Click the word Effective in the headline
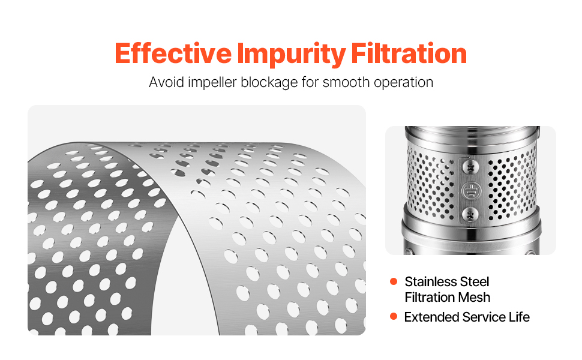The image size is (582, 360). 173,53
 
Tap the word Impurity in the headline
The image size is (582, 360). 292,55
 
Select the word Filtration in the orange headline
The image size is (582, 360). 409,53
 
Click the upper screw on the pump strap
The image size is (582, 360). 470,168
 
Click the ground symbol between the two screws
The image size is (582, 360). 470,191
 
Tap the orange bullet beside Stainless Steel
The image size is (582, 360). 394,281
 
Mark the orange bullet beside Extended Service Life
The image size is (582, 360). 394,317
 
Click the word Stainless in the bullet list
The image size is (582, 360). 431,281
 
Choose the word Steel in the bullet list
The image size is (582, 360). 475,281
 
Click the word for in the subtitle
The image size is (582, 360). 310,82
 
